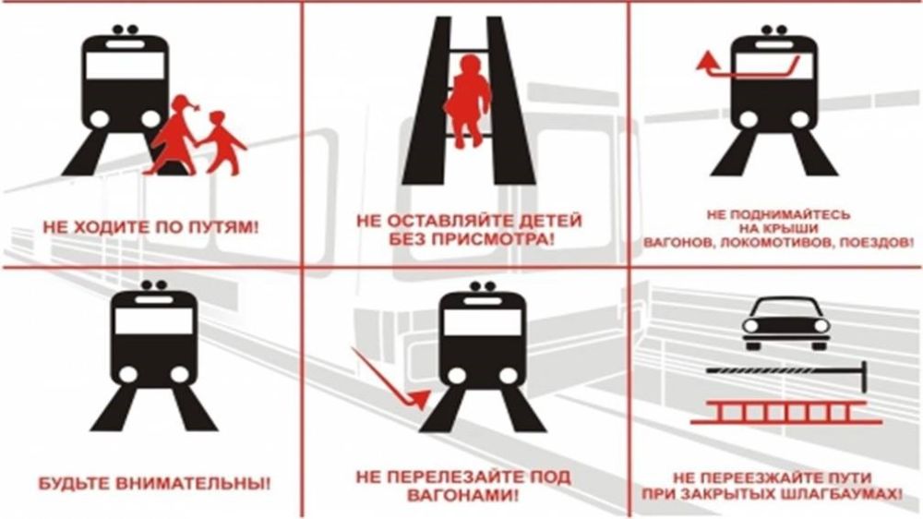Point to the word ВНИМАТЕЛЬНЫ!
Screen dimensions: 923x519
click(x=193, y=484)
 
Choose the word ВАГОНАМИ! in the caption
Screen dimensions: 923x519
click(x=463, y=495)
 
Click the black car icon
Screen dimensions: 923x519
click(x=785, y=323)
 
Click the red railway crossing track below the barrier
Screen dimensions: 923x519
click(x=785, y=413)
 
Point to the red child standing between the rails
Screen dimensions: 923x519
click(x=467, y=101)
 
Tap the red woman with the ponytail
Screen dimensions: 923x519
click(x=175, y=135)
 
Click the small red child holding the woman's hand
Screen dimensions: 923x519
click(x=222, y=142)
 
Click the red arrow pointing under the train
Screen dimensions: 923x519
click(x=391, y=379)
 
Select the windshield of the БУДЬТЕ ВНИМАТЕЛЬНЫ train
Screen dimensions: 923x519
click(x=153, y=321)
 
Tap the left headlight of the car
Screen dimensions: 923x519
click(x=750, y=325)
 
